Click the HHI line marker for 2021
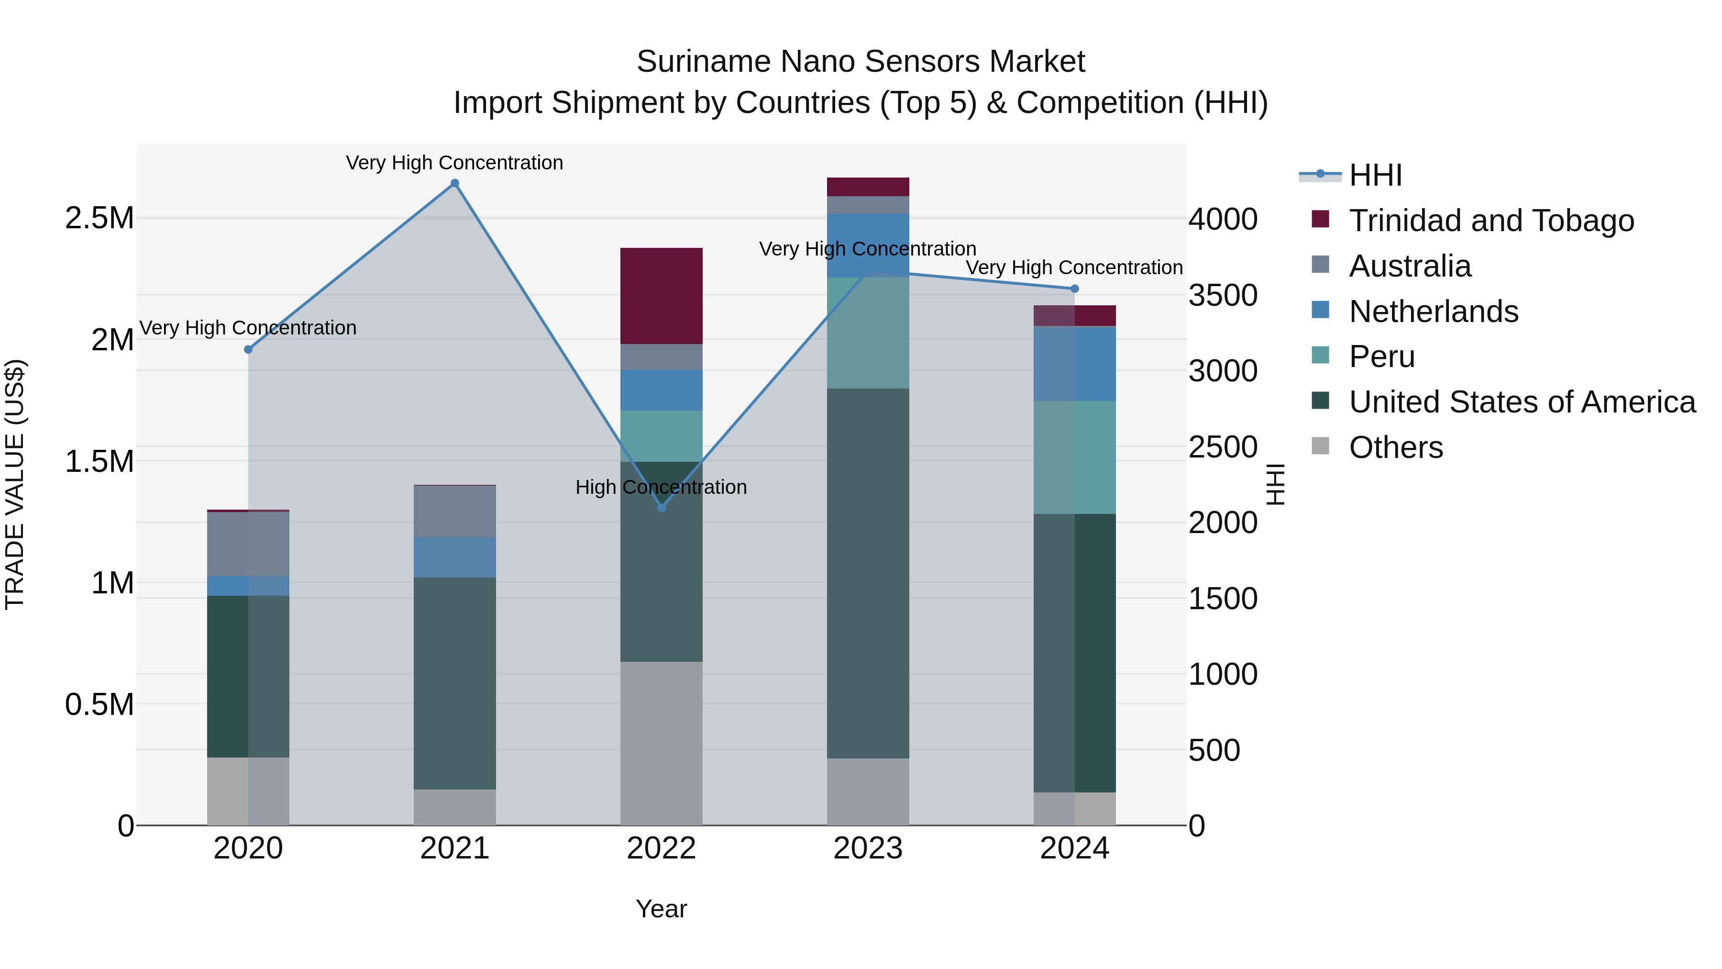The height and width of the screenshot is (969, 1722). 454,183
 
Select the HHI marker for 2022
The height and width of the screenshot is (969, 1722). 661,508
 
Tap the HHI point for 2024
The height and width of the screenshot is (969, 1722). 1074,289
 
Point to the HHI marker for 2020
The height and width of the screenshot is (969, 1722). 248,349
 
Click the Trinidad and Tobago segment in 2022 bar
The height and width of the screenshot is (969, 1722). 661,296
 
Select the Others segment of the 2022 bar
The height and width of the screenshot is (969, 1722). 661,742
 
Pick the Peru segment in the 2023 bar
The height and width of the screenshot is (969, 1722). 868,333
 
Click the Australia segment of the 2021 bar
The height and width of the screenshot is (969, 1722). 454,512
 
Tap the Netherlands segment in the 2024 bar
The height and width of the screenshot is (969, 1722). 1074,364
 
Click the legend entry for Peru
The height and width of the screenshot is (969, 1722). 1381,356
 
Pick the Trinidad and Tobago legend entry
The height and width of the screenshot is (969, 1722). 1490,221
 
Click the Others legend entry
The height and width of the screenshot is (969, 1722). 1395,447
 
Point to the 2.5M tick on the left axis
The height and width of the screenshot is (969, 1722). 99,218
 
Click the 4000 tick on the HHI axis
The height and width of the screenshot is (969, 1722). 1223,219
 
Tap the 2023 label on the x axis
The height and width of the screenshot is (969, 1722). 868,848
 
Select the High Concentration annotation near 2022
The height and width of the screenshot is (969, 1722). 661,487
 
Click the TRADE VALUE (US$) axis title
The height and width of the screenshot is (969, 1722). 15,484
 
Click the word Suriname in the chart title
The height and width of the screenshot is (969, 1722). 703,62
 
